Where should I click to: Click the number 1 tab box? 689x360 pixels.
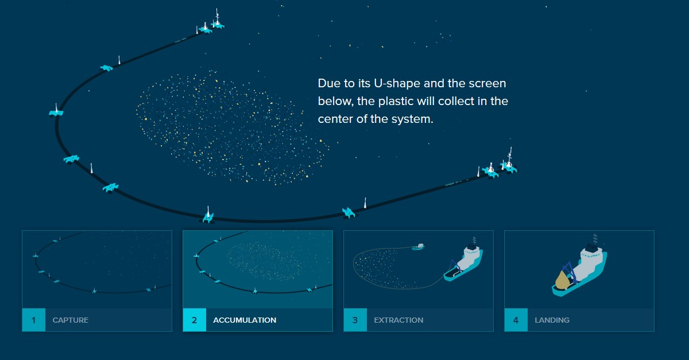pos(34,320)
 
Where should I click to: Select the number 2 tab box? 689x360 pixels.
pos(195,320)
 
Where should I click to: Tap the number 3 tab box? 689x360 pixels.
pos(355,320)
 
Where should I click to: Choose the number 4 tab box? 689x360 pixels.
pos(516,320)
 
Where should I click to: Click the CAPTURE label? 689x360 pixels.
pos(71,320)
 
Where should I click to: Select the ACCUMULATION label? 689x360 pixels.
pos(245,320)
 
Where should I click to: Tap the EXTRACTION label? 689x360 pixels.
pos(398,320)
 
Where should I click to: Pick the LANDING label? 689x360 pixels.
pos(552,320)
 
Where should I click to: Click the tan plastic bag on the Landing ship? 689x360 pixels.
pos(562,280)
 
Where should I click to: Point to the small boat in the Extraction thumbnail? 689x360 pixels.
pos(419,246)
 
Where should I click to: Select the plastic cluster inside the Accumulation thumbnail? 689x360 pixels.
pos(264,261)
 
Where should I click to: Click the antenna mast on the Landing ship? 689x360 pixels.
pos(595,239)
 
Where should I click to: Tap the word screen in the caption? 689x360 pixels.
pos(487,84)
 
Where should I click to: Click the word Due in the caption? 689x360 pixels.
pos(328,83)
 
